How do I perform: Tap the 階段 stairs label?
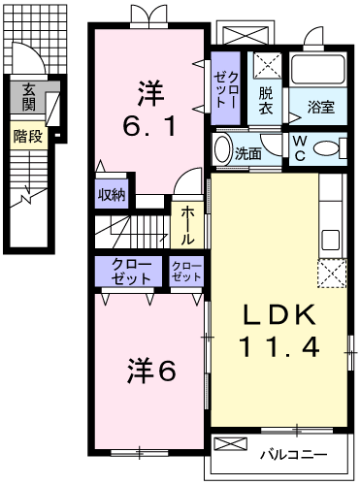28,136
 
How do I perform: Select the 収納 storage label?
111,193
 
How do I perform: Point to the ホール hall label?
187,224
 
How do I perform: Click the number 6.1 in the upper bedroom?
149,127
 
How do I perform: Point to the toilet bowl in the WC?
330,148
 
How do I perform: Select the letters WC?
300,148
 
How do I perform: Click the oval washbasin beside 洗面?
222,151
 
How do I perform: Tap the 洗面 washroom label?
248,152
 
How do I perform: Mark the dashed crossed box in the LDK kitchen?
333,275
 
